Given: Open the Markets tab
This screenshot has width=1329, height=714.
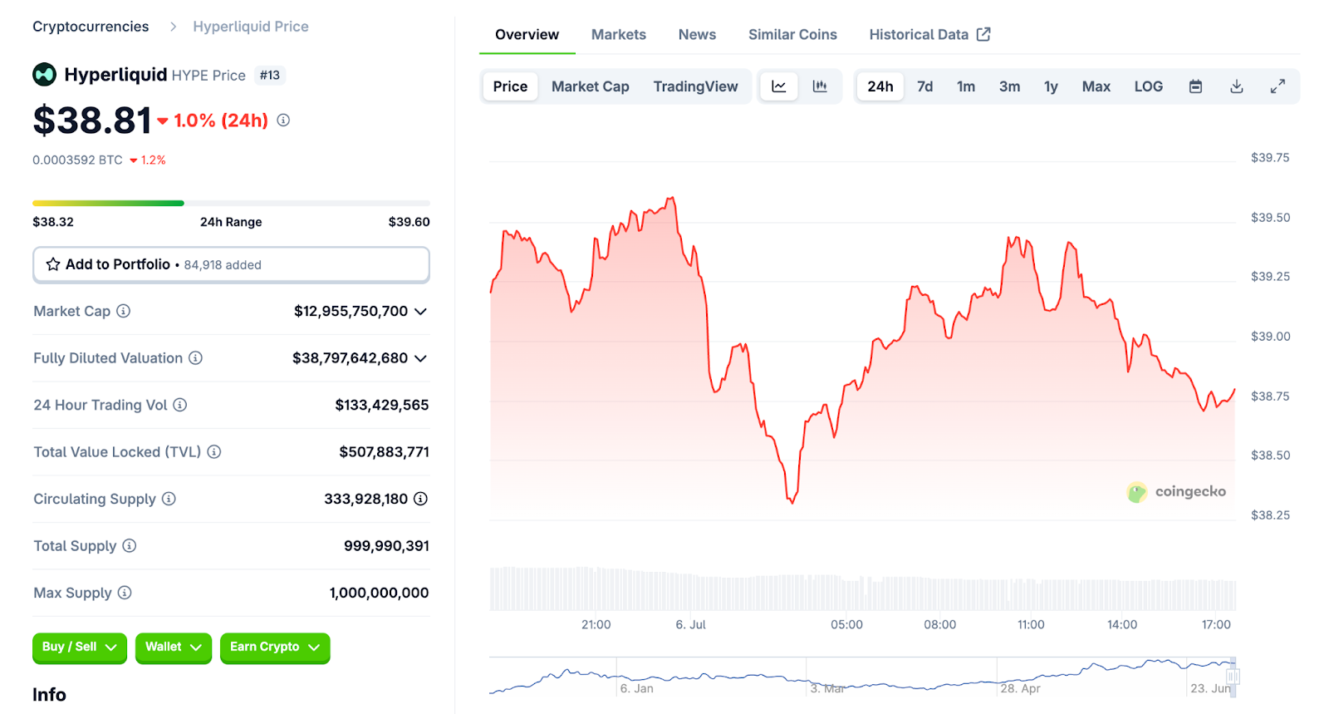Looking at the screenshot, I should pyautogui.click(x=618, y=35).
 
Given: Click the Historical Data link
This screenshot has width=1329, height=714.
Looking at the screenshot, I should pyautogui.click(x=929, y=35).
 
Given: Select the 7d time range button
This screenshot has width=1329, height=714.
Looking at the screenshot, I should pyautogui.click(x=924, y=86).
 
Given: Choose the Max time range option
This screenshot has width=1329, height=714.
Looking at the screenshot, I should pyautogui.click(x=1096, y=86).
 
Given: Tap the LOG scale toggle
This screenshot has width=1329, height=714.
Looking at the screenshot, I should pyautogui.click(x=1148, y=86).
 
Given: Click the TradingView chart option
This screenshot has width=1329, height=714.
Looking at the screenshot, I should pyautogui.click(x=695, y=86).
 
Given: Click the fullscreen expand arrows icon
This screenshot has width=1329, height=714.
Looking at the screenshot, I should pyautogui.click(x=1278, y=86).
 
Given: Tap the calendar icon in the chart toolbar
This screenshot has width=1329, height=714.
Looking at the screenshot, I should pyautogui.click(x=1195, y=86).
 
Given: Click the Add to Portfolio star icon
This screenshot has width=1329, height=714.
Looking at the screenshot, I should pyautogui.click(x=53, y=264).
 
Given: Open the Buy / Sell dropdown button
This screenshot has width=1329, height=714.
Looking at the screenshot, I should pyautogui.click(x=79, y=647).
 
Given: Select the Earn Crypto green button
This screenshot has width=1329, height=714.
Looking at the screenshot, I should pyautogui.click(x=274, y=647).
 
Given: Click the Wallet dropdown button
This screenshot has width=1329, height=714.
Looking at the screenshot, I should pyautogui.click(x=173, y=647).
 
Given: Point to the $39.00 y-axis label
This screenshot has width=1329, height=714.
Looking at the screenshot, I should pyautogui.click(x=1270, y=337).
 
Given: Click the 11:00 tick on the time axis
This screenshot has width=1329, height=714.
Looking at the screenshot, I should pyautogui.click(x=1031, y=625).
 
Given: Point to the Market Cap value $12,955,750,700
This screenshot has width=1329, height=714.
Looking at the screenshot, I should pyautogui.click(x=351, y=312).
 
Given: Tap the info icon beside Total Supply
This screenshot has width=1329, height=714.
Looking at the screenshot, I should pyautogui.click(x=130, y=546).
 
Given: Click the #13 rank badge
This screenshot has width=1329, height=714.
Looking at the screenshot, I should pyautogui.click(x=269, y=76).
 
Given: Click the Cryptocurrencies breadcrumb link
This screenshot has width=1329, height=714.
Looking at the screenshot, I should pyautogui.click(x=91, y=27).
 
